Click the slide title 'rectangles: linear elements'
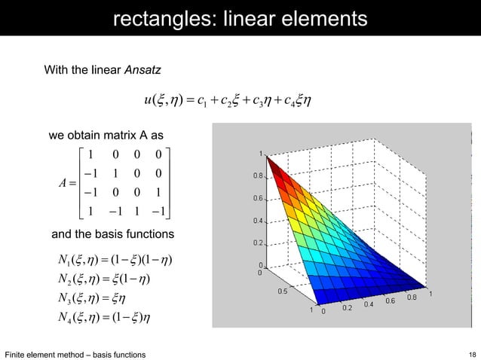click(240, 17)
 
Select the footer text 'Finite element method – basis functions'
click(75, 354)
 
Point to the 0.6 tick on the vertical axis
click(258, 200)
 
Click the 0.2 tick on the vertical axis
click(258, 243)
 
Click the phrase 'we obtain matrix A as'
click(105, 136)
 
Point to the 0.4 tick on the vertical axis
click(258, 221)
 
